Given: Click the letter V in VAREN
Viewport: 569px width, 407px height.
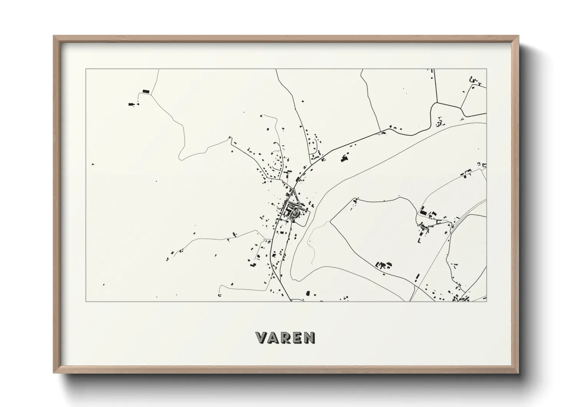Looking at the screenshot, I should coord(261,338).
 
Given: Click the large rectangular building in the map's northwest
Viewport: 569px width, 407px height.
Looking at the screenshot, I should coord(145,91).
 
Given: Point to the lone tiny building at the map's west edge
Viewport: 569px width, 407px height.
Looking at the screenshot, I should coord(93,164).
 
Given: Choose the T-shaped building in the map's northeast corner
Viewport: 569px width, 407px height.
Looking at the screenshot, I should coord(479,83).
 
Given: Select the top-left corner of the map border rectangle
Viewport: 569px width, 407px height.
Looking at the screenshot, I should coord(86,69).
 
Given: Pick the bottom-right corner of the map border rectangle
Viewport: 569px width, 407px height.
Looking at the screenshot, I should coord(487,301).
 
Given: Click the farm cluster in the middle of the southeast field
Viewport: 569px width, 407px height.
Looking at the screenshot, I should coord(383,265).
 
